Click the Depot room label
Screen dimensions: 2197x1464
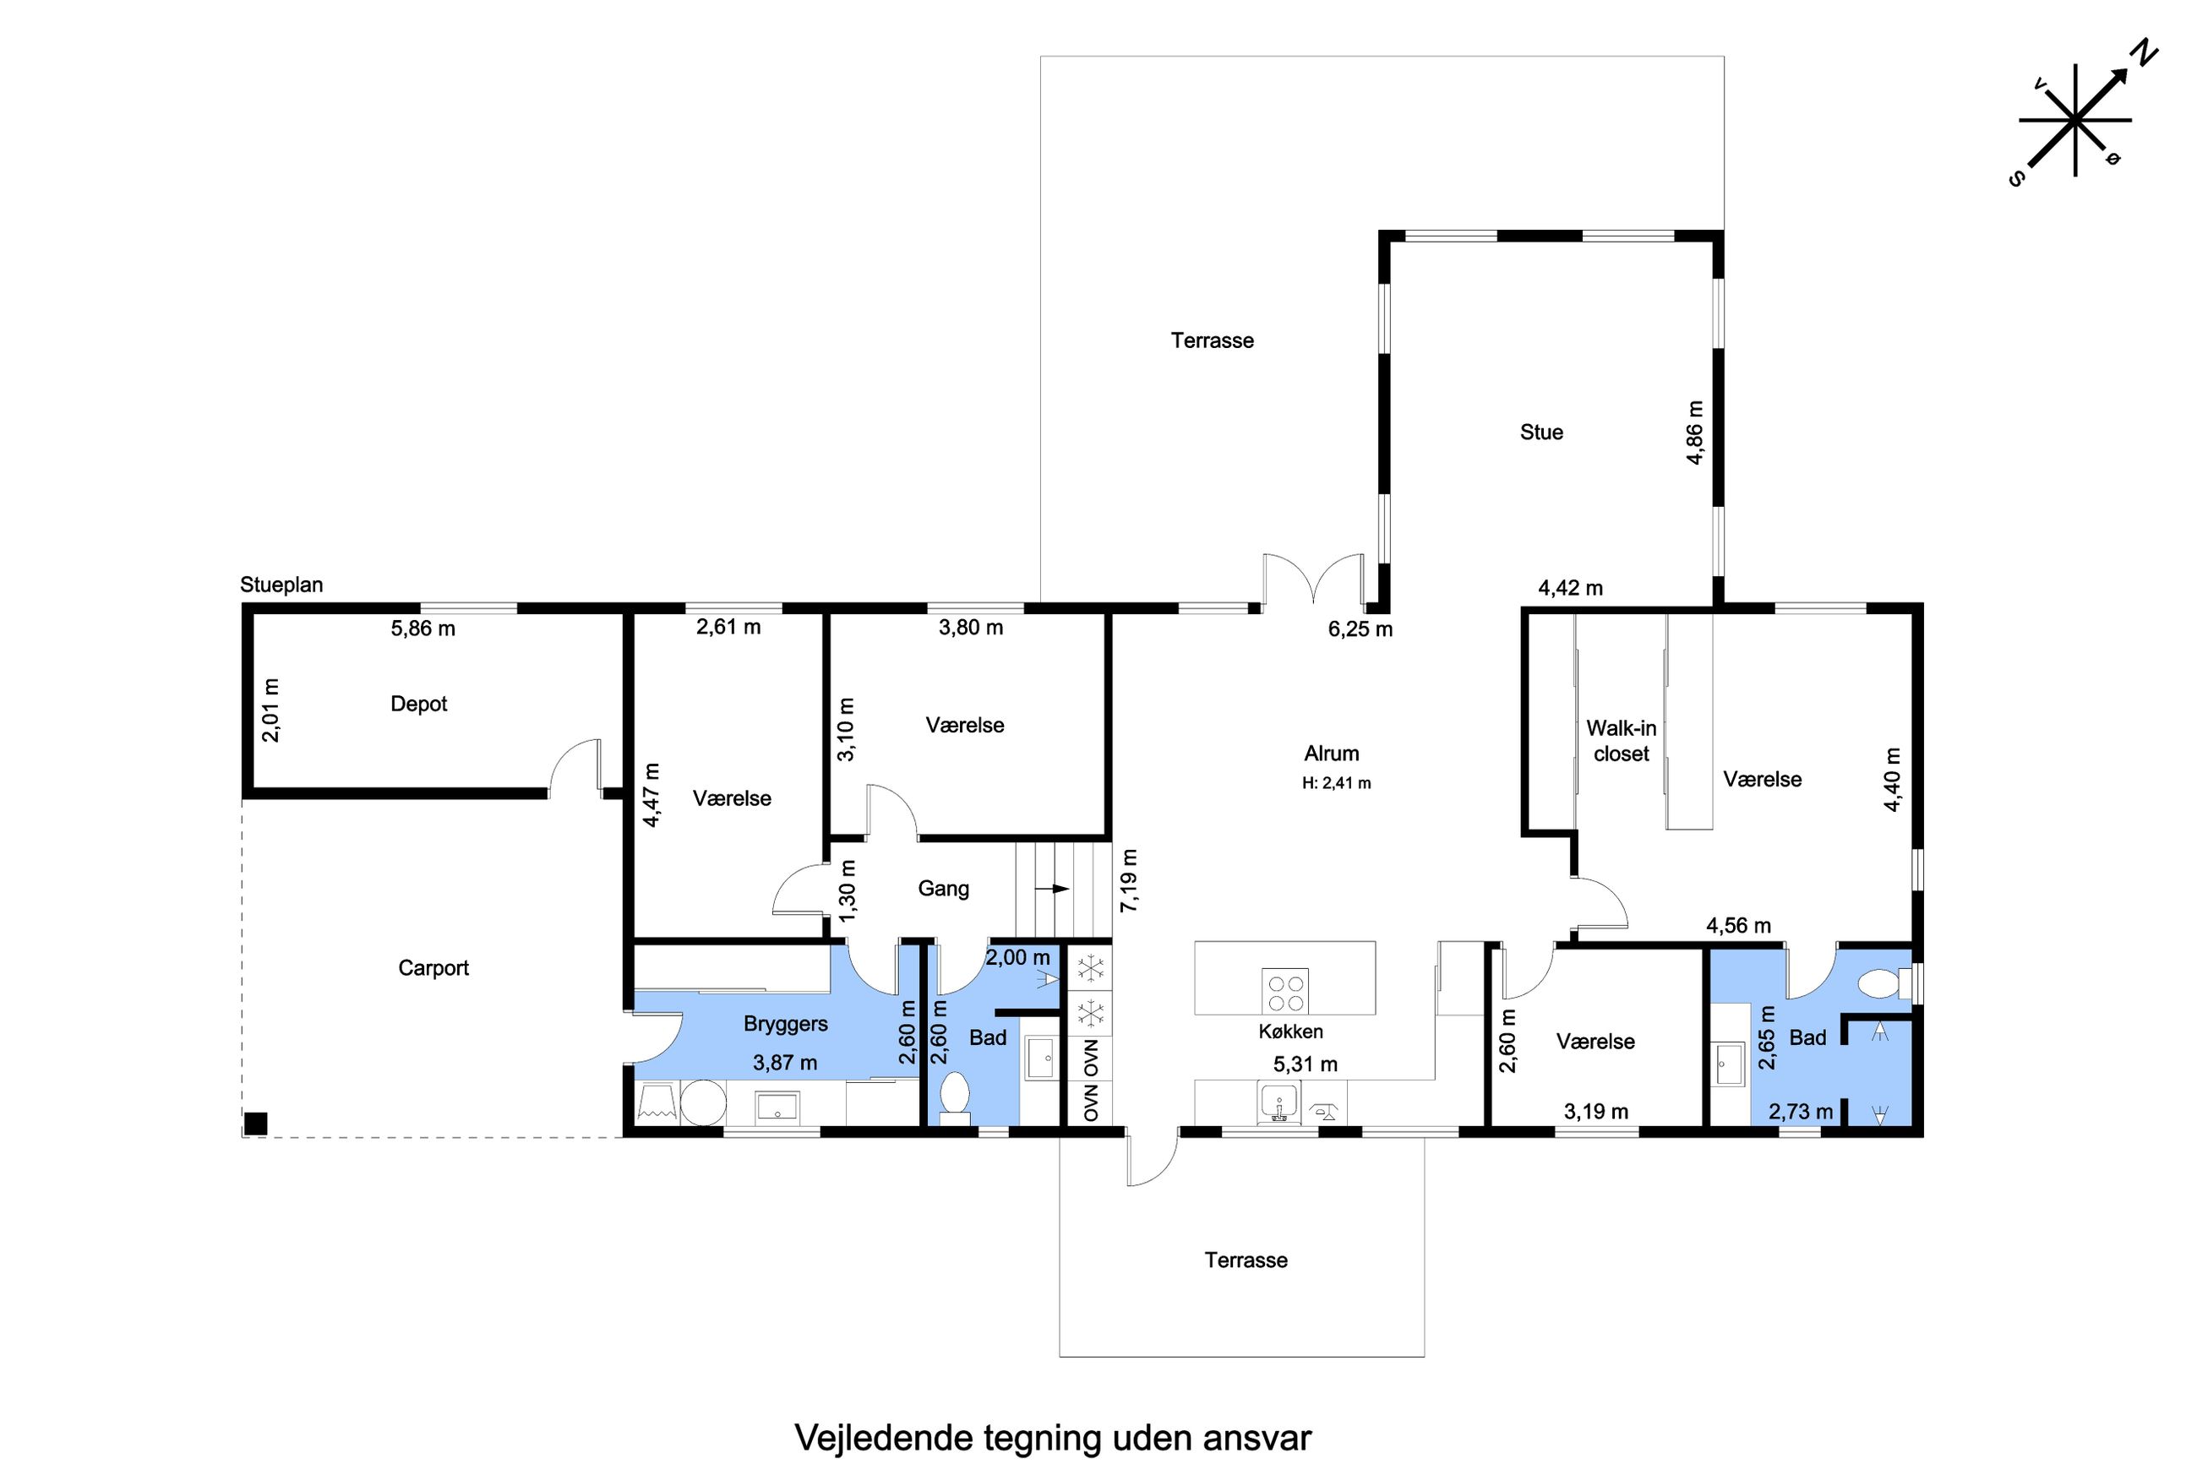418,704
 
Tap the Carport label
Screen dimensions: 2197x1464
433,968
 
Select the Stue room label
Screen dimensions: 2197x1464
1541,433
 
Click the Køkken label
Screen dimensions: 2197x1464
1290,1031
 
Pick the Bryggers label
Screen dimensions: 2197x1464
785,1024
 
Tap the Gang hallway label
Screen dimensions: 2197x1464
943,889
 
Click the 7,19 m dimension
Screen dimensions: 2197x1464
1130,880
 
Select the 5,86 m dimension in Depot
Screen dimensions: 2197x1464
423,629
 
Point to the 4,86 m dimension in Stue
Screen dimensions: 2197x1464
1695,433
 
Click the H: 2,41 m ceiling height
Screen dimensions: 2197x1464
1337,783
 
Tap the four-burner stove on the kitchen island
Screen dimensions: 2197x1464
1284,991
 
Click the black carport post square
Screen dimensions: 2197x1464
255,1124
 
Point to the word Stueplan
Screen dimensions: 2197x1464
281,585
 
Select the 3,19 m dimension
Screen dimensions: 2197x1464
1595,1112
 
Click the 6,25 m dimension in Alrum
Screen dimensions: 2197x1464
1360,629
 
